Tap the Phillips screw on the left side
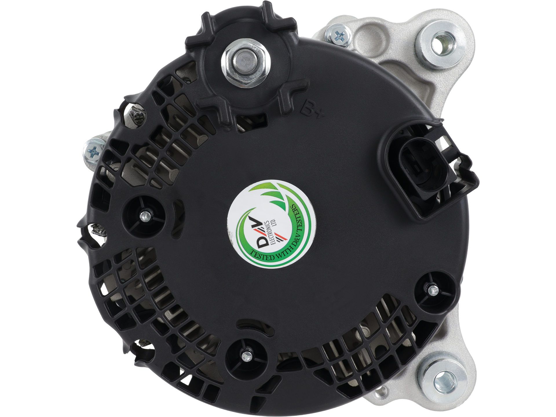click(x=94, y=150)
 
